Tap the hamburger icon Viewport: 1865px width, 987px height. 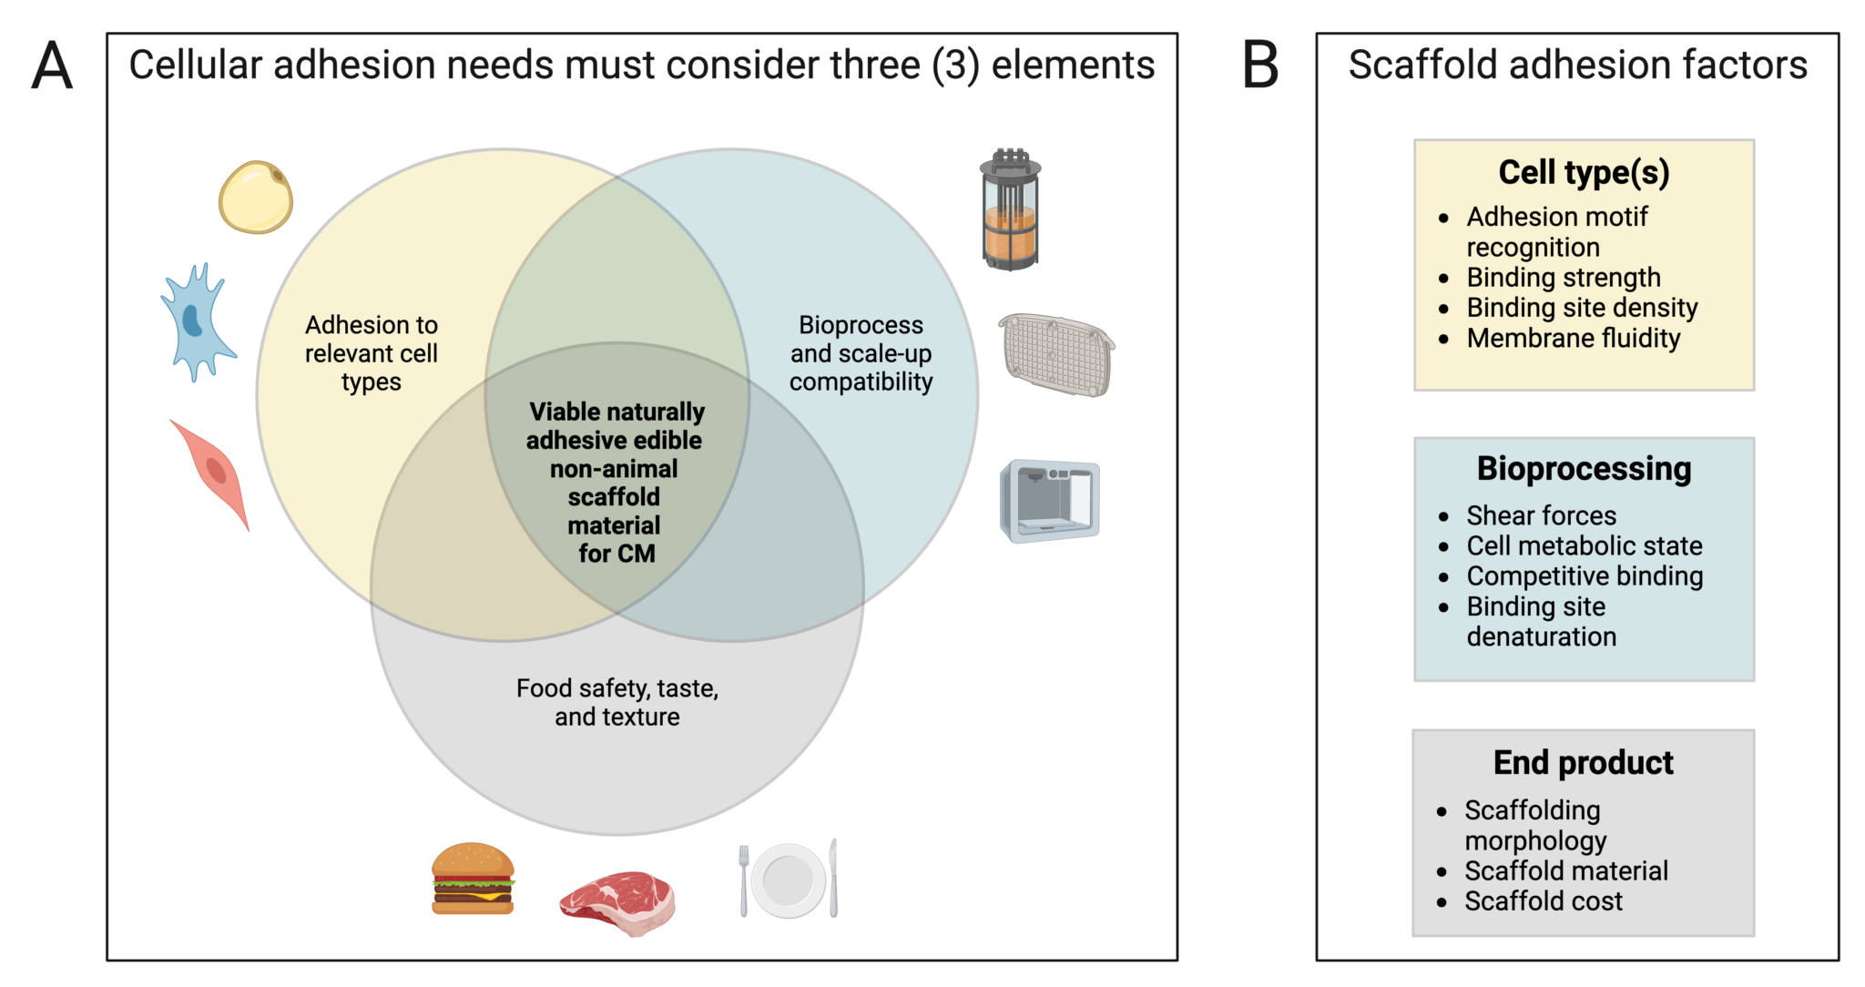[473, 879]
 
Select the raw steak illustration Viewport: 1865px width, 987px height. [618, 901]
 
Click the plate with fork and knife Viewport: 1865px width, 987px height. [789, 880]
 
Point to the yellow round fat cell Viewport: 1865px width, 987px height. [256, 197]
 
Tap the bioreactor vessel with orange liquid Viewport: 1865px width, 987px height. [1010, 210]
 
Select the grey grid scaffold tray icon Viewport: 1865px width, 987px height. [1056, 354]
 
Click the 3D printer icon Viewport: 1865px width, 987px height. [1050, 501]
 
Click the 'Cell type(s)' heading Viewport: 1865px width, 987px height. [1584, 172]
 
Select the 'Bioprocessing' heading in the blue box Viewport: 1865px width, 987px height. [1584, 468]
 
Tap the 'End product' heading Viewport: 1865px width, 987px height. [1583, 762]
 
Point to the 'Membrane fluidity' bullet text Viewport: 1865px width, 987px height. [1573, 338]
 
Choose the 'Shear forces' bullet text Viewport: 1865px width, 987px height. [1541, 515]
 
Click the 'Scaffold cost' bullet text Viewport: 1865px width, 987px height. [1543, 901]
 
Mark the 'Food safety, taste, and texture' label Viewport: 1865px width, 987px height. [617, 702]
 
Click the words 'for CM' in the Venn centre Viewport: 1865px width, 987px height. [617, 554]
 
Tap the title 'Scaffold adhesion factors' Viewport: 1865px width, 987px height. [1577, 66]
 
